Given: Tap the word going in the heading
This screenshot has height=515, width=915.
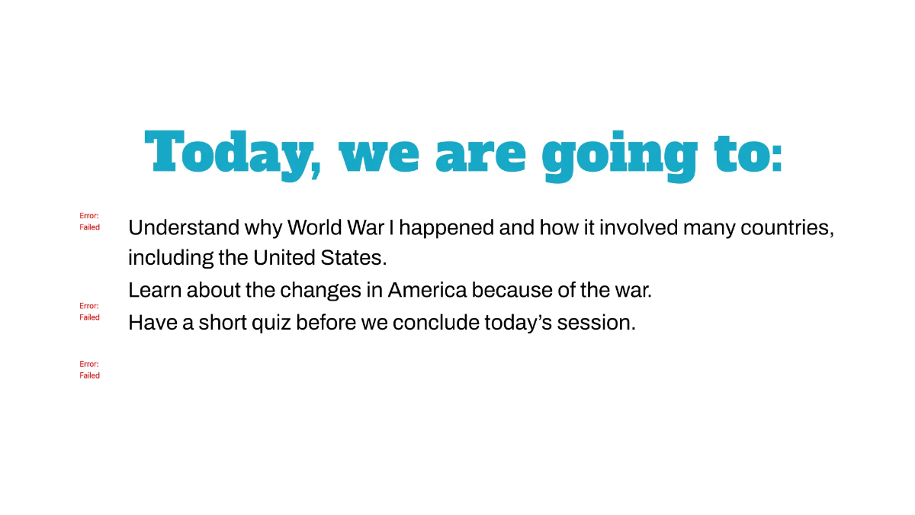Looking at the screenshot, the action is coord(619,156).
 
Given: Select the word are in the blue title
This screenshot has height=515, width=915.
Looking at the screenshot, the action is coord(481,156).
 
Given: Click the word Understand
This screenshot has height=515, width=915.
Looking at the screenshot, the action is coord(184,227).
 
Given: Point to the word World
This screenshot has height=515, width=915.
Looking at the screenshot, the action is coord(314,227).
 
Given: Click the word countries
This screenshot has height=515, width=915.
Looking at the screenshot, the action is coord(787,228).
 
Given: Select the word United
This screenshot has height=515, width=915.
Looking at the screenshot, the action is coord(284,258).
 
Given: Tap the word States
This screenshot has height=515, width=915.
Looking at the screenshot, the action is coord(353,258).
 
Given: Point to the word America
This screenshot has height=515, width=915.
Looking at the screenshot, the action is coord(427,290).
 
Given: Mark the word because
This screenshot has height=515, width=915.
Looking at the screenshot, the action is coord(512,290).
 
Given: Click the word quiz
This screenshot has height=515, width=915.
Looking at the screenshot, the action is coord(271,323).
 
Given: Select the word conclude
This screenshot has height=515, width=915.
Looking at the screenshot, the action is coord(436,323).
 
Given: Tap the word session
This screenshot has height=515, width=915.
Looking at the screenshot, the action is coord(596,323).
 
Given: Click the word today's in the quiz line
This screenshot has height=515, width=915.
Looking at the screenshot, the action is coord(518,323).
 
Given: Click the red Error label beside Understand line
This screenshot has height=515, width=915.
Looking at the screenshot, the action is coord(89,221).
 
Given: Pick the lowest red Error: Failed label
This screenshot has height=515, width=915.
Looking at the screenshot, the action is coord(89,369).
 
